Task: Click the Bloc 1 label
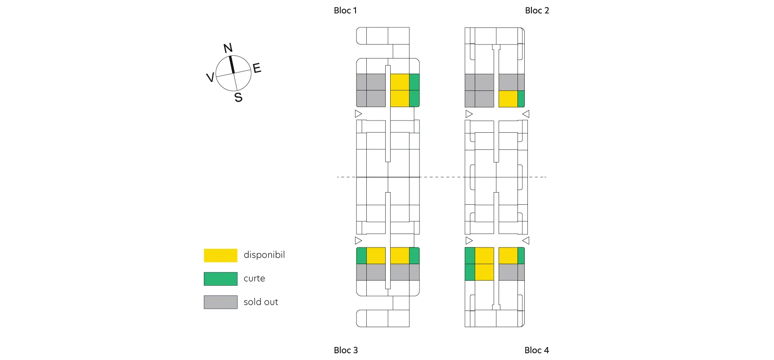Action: click(345, 10)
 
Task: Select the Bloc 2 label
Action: click(537, 10)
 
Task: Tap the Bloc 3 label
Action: click(346, 350)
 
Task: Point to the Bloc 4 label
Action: click(536, 350)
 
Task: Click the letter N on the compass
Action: click(228, 48)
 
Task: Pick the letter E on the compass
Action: click(257, 68)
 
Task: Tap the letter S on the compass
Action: click(238, 97)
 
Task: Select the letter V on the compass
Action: click(210, 77)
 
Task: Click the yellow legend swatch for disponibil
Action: click(220, 255)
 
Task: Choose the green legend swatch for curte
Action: click(220, 279)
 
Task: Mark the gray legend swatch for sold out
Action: click(220, 302)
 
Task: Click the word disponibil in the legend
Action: click(264, 255)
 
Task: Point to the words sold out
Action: click(261, 302)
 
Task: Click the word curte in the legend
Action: click(254, 279)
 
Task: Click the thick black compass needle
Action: click(232, 64)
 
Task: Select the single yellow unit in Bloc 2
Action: click(508, 99)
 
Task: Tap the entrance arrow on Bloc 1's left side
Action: click(358, 114)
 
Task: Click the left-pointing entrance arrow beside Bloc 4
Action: click(526, 241)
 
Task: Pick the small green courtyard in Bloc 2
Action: click(521, 99)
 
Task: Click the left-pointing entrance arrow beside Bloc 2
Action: click(526, 114)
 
